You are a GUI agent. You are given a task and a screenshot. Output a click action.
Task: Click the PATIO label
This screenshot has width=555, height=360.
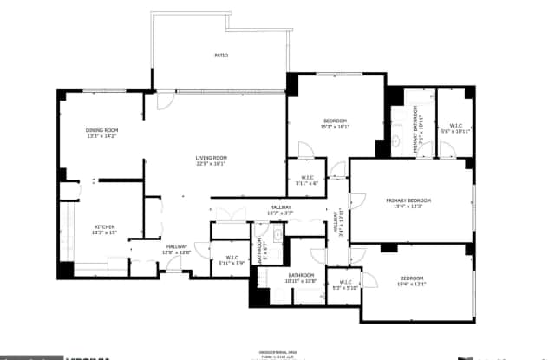point(221,56)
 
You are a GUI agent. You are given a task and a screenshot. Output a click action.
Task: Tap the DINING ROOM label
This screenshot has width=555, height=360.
point(101,130)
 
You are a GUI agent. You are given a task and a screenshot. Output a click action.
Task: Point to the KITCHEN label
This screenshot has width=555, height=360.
point(104,227)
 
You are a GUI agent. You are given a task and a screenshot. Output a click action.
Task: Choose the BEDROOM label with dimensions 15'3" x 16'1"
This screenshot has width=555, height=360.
point(335,120)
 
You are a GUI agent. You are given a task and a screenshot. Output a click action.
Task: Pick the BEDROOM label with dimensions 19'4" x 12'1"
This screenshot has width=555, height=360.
point(411,278)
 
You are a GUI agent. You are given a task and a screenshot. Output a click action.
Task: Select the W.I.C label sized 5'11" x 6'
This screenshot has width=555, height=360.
point(307,179)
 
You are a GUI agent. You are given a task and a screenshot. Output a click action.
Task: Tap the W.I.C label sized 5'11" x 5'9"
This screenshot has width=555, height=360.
point(232,257)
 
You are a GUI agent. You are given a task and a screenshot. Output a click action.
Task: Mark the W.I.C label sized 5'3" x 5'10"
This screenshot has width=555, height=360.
point(345,282)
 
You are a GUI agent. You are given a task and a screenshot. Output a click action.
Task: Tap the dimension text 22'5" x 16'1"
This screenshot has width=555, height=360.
point(210,163)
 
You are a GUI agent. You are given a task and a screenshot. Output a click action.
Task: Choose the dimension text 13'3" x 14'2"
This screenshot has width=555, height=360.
point(101,135)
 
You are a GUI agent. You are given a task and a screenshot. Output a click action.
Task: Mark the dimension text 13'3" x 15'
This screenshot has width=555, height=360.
point(104,232)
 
